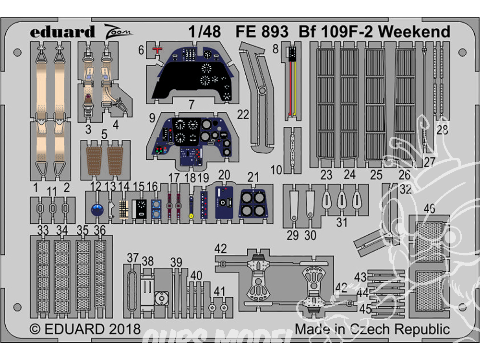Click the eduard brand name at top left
tap(62, 32)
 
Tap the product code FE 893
tap(262, 32)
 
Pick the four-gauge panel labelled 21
tap(253, 204)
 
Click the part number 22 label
tap(243, 115)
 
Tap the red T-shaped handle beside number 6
tap(156, 49)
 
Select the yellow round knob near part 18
tap(191, 216)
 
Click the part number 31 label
tap(341, 222)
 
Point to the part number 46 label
tap(430, 208)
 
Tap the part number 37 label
tap(132, 258)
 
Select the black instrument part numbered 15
tap(140, 207)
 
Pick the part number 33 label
tap(43, 230)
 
